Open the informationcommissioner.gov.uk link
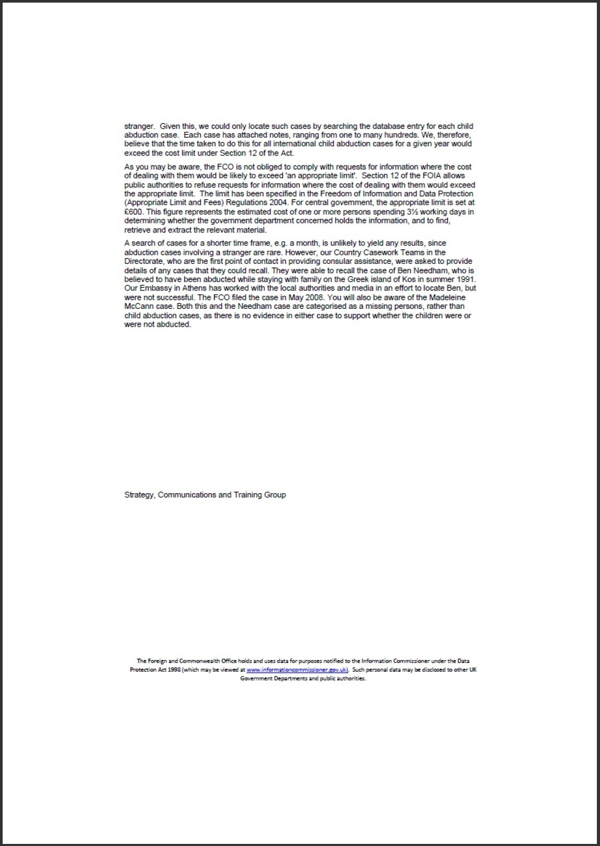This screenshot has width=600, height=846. click(x=297, y=670)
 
